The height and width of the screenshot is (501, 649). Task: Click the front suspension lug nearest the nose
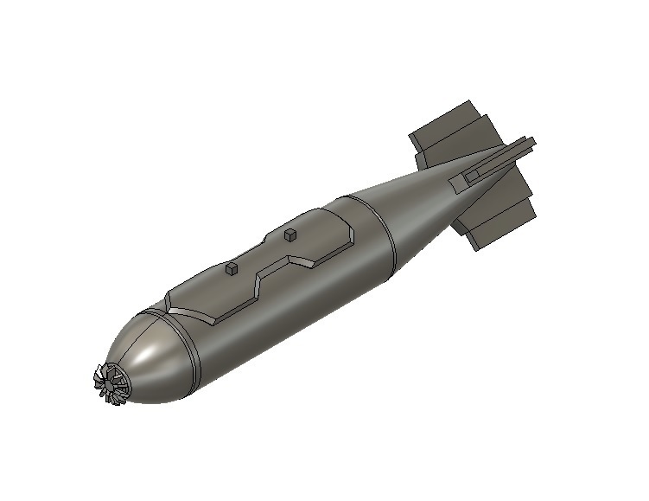(x=231, y=270)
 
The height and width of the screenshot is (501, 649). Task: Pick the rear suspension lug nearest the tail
(x=290, y=234)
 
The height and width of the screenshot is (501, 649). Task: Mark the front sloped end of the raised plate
(x=172, y=299)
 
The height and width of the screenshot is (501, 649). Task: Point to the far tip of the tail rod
(x=532, y=139)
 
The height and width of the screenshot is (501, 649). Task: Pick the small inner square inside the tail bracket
(x=471, y=176)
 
